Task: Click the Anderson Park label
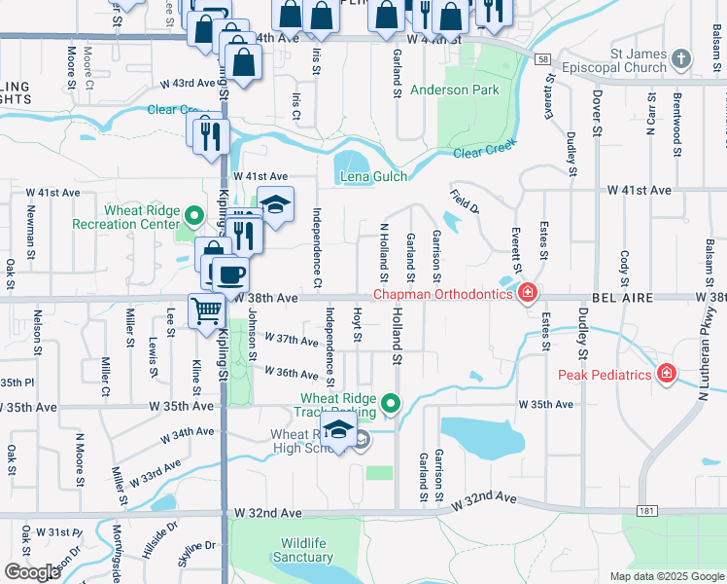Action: [x=454, y=91]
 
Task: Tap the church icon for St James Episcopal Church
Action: [x=681, y=59]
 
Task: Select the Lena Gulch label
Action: [x=373, y=177]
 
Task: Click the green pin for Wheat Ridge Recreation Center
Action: [x=194, y=216]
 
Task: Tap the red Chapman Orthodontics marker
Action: [x=527, y=292]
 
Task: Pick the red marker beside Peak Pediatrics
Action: [x=667, y=373]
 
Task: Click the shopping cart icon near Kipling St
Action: [x=206, y=311]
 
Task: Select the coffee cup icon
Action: [x=230, y=274]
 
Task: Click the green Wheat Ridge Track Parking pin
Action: [x=391, y=402]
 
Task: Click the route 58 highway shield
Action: [x=540, y=60]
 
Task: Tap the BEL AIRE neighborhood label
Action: [x=618, y=296]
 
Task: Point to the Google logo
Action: [x=33, y=572]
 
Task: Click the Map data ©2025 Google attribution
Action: [x=666, y=576]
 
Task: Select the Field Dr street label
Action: [x=465, y=201]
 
